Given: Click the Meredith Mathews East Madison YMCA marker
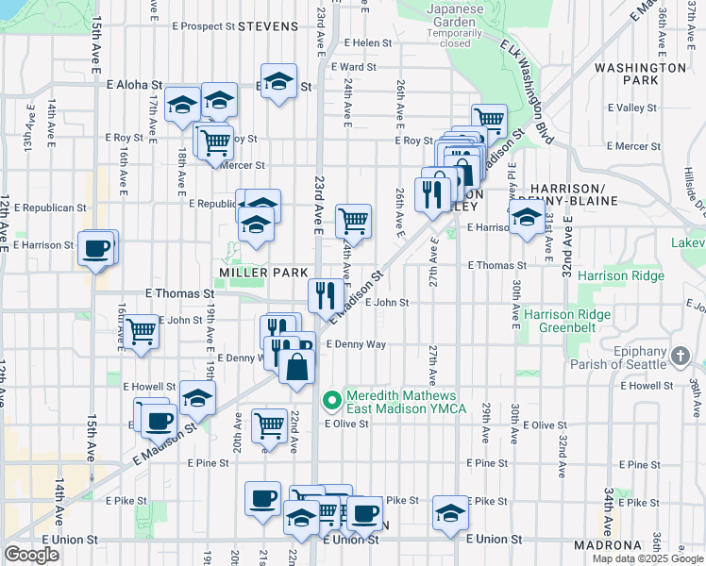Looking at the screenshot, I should tap(331, 401).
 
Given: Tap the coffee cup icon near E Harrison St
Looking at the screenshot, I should tap(96, 250).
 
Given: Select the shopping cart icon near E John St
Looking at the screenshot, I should tap(141, 332).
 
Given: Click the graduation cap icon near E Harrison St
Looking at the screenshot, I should tap(527, 217).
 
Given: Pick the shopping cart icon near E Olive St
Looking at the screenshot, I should tap(269, 424).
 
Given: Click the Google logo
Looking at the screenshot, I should tap(31, 555).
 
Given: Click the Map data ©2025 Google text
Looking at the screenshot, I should tap(647, 558).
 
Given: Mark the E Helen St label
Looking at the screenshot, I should tap(367, 42).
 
